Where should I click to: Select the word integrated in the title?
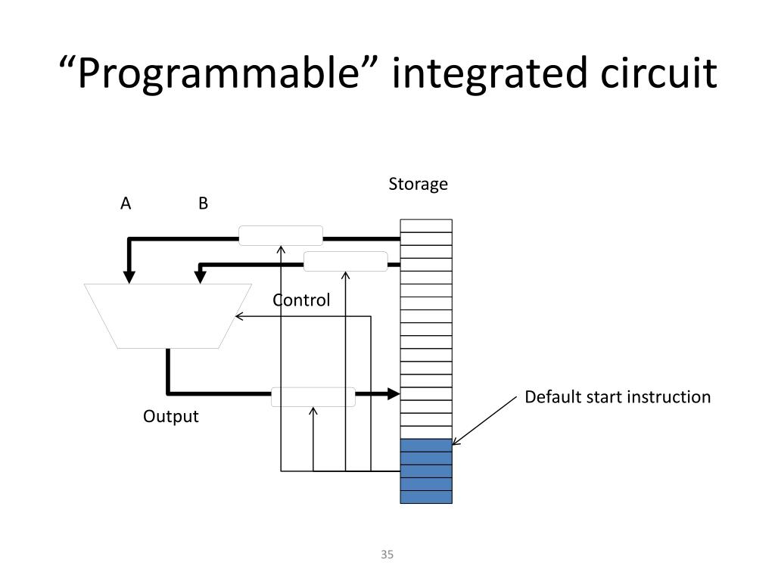(x=484, y=74)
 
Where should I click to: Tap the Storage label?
(x=418, y=185)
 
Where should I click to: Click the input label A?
(x=126, y=204)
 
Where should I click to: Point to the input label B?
(x=203, y=204)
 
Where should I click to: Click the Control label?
(x=301, y=300)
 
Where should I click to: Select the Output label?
(x=171, y=417)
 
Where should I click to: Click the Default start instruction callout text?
(x=618, y=397)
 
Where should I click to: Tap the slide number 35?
(x=387, y=555)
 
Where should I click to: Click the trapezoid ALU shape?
(x=168, y=315)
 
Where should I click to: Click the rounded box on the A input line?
(x=281, y=235)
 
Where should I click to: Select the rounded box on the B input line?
(x=345, y=261)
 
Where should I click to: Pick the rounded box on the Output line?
(x=313, y=396)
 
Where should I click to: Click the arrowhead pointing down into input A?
(x=129, y=276)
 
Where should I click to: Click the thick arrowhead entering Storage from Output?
(x=392, y=393)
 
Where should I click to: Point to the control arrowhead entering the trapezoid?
(x=239, y=316)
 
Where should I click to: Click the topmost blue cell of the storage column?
(x=426, y=445)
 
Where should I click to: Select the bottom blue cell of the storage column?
(x=426, y=497)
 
